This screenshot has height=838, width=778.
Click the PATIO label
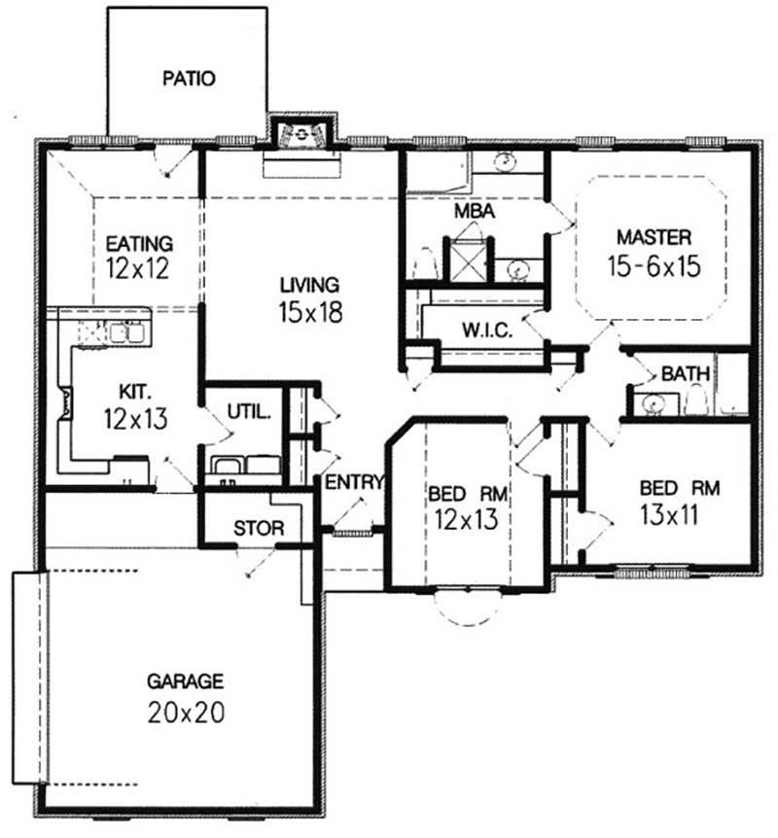pyautogui.click(x=189, y=77)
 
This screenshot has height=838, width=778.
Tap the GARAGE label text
pyautogui.click(x=186, y=681)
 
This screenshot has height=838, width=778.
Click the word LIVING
pyautogui.click(x=309, y=285)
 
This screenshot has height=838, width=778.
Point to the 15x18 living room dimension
pyautogui.click(x=309, y=314)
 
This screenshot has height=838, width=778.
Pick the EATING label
pyautogui.click(x=139, y=243)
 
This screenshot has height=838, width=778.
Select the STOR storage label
pyautogui.click(x=260, y=529)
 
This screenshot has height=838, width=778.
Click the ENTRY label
pyautogui.click(x=355, y=482)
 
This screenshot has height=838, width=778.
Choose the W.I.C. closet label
pyautogui.click(x=488, y=329)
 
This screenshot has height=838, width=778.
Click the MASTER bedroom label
pyautogui.click(x=654, y=236)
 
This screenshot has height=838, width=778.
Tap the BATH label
pyautogui.click(x=686, y=373)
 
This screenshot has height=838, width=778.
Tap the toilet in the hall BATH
pyautogui.click(x=695, y=401)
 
